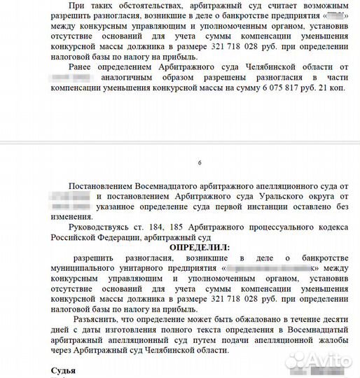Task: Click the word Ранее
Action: pos(83,65)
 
